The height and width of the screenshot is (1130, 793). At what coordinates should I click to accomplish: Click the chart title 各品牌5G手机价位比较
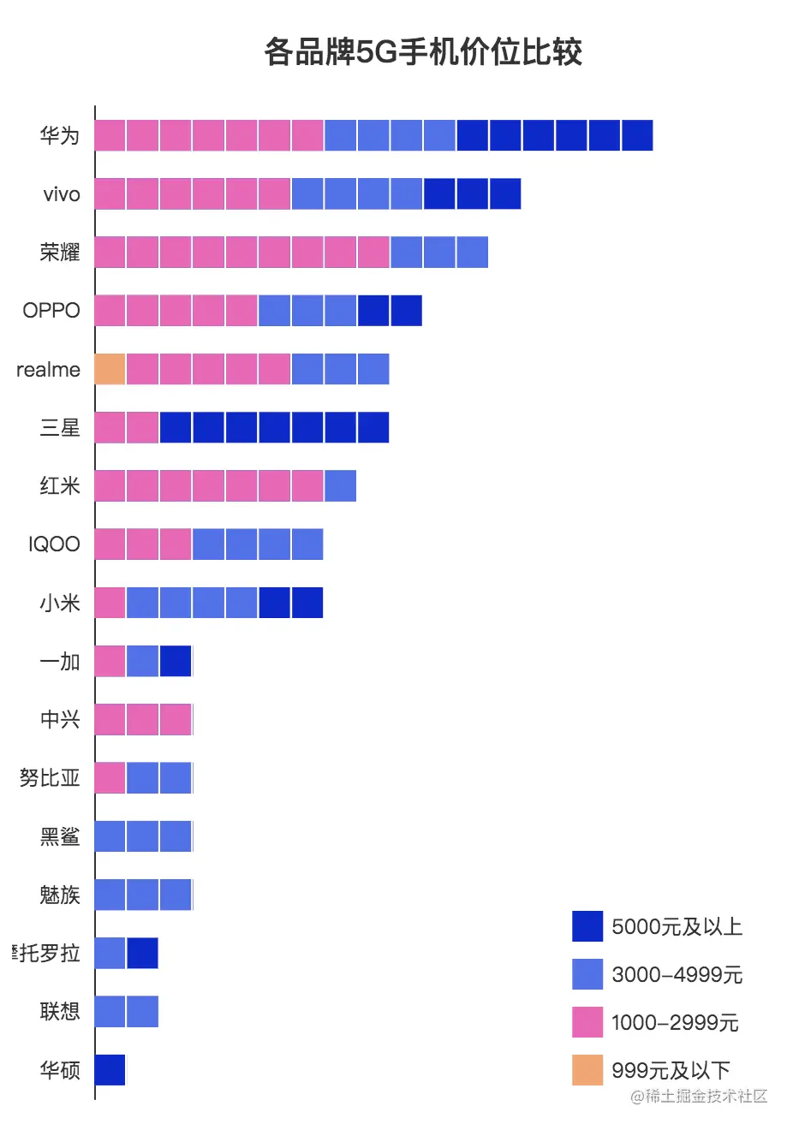(423, 52)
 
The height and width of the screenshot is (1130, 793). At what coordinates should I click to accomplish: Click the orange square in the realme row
(110, 369)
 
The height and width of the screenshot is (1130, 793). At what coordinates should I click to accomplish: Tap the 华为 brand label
(60, 135)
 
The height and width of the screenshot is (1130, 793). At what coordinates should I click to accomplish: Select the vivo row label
(62, 194)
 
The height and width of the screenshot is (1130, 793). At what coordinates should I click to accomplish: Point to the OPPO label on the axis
(51, 310)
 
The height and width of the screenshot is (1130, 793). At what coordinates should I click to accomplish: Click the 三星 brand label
(60, 427)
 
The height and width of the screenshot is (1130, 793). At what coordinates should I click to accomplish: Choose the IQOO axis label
(54, 544)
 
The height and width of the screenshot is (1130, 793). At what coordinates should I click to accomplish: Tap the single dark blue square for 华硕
(110, 1069)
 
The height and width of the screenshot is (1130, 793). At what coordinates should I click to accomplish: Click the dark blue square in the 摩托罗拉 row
(143, 953)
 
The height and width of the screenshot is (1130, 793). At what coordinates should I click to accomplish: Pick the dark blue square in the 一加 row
(176, 661)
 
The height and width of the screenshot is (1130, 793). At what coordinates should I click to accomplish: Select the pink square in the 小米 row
(110, 603)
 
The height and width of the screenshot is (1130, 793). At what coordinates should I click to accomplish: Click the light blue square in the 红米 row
(341, 485)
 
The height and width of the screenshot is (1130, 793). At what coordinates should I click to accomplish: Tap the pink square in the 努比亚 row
(110, 777)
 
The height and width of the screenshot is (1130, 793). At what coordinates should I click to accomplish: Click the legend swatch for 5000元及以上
(587, 926)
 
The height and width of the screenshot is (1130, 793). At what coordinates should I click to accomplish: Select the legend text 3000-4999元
(677, 974)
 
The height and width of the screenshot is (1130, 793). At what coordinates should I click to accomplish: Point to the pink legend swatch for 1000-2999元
(587, 1022)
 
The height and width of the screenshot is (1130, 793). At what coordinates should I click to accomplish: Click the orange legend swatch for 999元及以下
(587, 1070)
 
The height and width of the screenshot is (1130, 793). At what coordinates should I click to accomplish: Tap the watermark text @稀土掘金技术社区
(699, 1097)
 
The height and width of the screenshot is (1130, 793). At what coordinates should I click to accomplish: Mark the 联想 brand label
(60, 1011)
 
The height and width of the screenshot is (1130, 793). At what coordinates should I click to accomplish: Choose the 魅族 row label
(60, 895)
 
